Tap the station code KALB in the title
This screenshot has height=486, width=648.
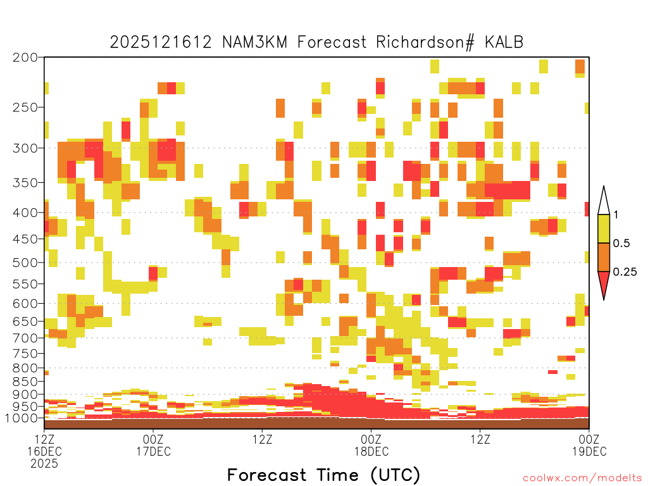(504, 42)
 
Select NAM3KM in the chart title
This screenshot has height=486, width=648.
(254, 42)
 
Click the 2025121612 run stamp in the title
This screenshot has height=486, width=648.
(161, 42)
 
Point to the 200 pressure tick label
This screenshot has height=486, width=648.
(25, 58)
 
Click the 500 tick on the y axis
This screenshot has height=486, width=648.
(25, 263)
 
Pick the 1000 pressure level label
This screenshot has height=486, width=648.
(21, 418)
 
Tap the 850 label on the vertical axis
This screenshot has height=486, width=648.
(25, 382)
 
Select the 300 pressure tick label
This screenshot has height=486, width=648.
(25, 148)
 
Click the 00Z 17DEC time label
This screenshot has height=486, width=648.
(153, 445)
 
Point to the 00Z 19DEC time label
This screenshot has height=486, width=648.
(589, 445)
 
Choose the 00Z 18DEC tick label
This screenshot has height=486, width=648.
(371, 445)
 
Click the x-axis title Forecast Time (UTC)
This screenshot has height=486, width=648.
(323, 475)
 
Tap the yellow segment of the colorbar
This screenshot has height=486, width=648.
(604, 228)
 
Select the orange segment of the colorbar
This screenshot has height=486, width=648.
(604, 257)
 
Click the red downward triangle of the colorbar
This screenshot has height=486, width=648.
(604, 283)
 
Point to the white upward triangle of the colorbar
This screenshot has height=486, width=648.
(604, 202)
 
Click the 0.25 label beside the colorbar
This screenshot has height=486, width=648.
(625, 272)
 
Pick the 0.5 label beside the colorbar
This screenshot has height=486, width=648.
(621, 244)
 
